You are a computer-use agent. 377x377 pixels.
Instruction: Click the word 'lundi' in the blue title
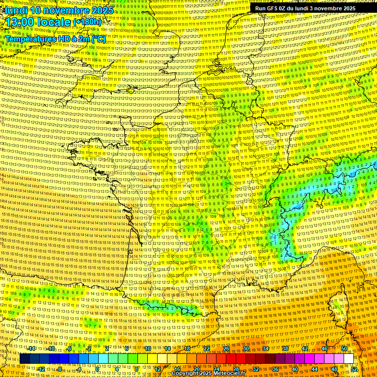click(16, 10)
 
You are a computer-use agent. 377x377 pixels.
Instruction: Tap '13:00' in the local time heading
click(20, 22)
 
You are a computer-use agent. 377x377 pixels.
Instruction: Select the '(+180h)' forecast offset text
click(87, 22)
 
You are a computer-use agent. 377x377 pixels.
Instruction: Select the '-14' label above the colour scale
click(31, 349)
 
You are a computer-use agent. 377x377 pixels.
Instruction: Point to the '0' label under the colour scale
click(97, 369)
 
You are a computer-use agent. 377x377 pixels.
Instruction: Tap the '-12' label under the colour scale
click(41, 369)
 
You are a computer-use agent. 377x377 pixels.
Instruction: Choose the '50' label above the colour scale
click(344, 349)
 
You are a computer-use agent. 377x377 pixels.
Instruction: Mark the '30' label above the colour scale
click(246, 349)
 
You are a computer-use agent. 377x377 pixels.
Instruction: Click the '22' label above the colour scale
click(207, 349)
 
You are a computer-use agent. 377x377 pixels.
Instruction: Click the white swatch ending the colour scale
click(349, 359)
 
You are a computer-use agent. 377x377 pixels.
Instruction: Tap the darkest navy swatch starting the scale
click(25, 359)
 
